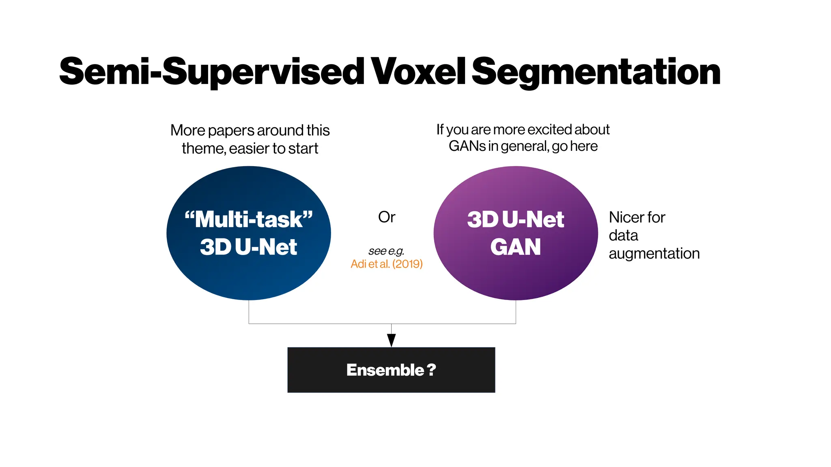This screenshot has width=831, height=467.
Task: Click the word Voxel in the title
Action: coord(418,72)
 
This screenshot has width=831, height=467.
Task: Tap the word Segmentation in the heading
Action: coord(596,72)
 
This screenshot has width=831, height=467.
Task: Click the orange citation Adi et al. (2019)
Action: coord(386,264)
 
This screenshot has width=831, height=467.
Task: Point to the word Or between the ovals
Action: coord(386,217)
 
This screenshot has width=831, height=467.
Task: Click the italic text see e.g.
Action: coord(386,251)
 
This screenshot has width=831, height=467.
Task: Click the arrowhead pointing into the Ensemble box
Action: coord(391,340)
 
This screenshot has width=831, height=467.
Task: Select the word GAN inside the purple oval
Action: coord(515,247)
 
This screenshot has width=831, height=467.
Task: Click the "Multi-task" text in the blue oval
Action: coord(249,219)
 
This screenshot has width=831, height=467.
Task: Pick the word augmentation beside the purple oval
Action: coord(654,254)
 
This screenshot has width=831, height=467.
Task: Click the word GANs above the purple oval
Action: coord(467,146)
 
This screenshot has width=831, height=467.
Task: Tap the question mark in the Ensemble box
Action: coord(431,370)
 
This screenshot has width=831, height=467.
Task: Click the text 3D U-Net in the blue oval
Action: coord(249,247)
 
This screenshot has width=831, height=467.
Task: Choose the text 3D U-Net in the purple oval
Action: coord(515,219)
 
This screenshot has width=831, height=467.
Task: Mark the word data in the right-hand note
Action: coord(623,236)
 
